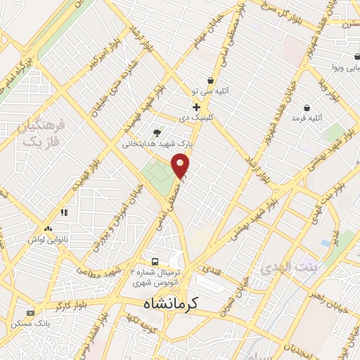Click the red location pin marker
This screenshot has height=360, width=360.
pos(181,165)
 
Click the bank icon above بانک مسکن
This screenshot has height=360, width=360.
pos(30,312)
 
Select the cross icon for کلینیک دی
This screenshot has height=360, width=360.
pos(196,107)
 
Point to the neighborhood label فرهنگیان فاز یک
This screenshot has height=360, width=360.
pos(39,134)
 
